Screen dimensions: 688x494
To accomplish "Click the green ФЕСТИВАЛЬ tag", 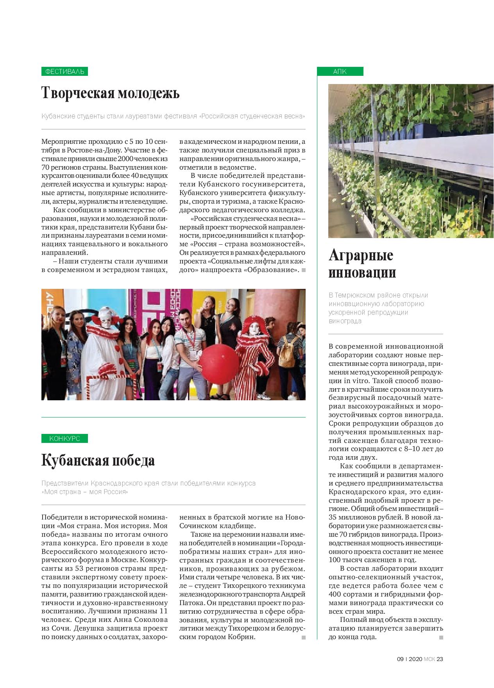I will [64, 72].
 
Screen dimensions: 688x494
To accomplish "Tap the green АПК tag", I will [340, 72].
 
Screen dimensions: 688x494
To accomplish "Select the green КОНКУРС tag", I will [64, 438].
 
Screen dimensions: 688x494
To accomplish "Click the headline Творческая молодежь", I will [111, 94].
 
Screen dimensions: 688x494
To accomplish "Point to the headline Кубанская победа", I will [98, 460].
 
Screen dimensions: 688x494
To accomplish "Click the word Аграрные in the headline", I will [361, 256].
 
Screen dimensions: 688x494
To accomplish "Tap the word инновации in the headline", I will [362, 273].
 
